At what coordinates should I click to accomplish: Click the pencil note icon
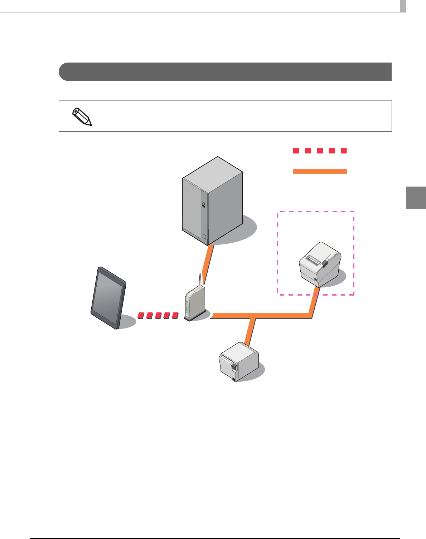click(82, 117)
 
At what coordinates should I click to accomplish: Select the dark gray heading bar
click(225, 72)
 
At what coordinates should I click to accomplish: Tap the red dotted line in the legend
click(320, 151)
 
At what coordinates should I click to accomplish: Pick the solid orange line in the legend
click(320, 172)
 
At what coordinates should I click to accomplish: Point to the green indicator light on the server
click(203, 203)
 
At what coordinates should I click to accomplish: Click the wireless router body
click(195, 304)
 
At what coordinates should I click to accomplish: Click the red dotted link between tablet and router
click(158, 315)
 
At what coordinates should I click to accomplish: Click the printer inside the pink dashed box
click(319, 264)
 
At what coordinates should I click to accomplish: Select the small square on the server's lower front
click(204, 236)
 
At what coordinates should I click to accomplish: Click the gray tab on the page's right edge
click(416, 197)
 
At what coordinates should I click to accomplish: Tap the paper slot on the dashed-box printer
click(313, 260)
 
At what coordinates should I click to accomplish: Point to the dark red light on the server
click(203, 206)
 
